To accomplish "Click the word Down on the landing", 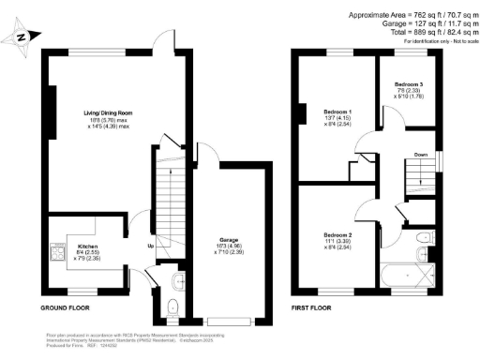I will (422, 156).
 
